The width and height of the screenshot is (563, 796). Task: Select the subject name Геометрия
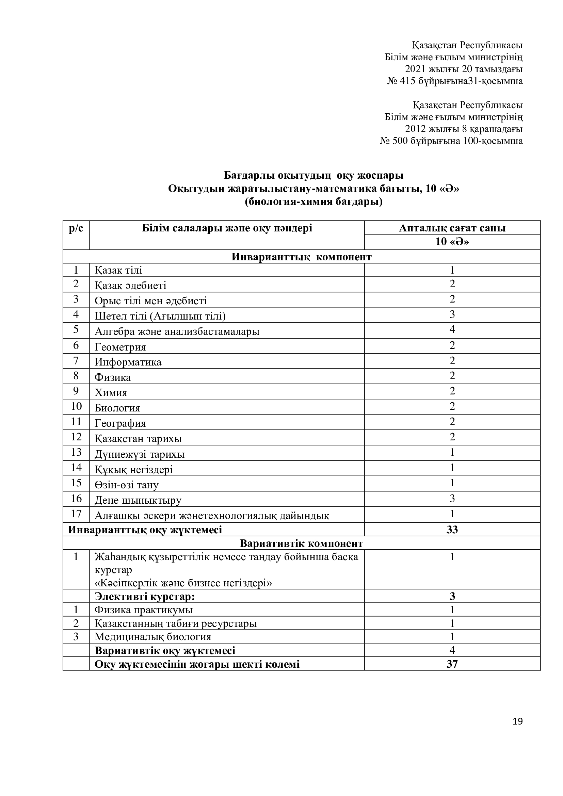coord(120,347)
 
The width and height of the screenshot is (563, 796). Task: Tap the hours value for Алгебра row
coord(452,329)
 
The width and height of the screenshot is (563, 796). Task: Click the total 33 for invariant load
coord(452,530)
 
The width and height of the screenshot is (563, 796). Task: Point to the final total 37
coord(452,664)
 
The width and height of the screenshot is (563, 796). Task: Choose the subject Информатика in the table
coord(128,362)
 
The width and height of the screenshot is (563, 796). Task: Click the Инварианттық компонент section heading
coord(301,257)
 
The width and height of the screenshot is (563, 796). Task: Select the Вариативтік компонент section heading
coord(301,543)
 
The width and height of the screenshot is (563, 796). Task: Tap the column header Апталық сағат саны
coord(452,228)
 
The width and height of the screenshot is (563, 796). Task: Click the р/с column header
coord(76,228)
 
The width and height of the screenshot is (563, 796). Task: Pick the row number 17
coord(76,514)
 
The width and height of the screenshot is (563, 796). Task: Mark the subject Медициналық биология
coord(153,636)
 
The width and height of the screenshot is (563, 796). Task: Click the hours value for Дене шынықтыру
coord(452,499)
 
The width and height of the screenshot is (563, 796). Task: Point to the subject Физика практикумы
coord(144,610)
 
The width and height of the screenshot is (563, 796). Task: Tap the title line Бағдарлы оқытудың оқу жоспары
coord(313,175)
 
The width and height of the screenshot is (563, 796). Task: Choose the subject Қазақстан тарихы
coord(138,439)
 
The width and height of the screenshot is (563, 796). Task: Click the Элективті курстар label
coord(145,596)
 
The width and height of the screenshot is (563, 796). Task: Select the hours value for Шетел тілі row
coord(452,314)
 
